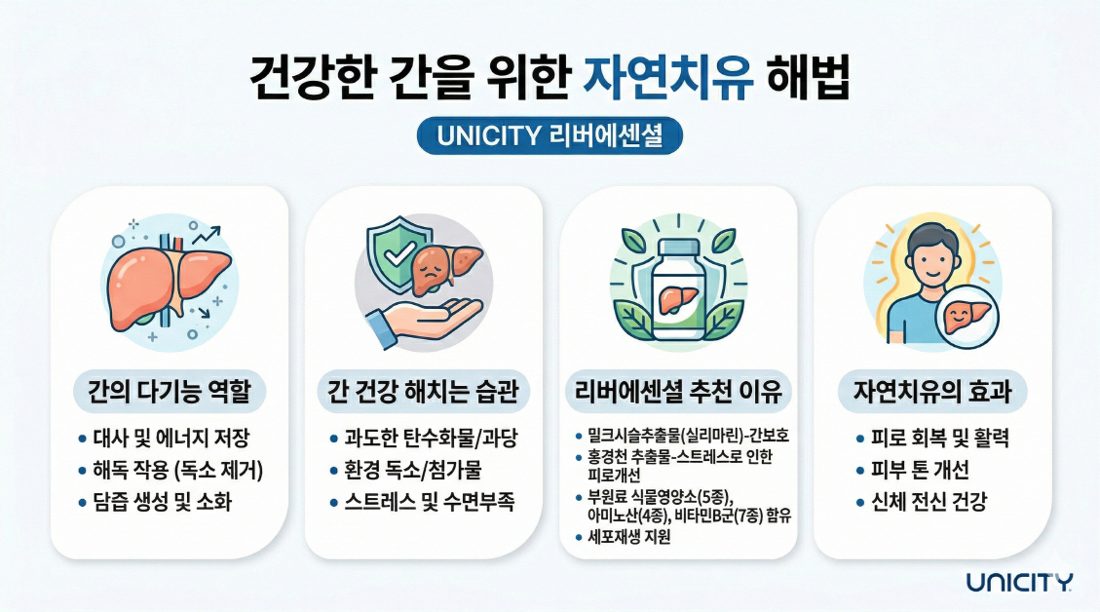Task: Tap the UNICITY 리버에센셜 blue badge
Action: [x=550, y=136]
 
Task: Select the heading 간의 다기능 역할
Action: [x=170, y=393]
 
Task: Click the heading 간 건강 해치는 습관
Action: [x=424, y=393]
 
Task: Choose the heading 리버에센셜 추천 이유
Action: [x=678, y=393]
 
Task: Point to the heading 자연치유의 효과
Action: [x=932, y=393]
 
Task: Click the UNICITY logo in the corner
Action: [x=1019, y=583]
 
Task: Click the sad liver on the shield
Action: [x=436, y=267]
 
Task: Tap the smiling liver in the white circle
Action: [x=967, y=315]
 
